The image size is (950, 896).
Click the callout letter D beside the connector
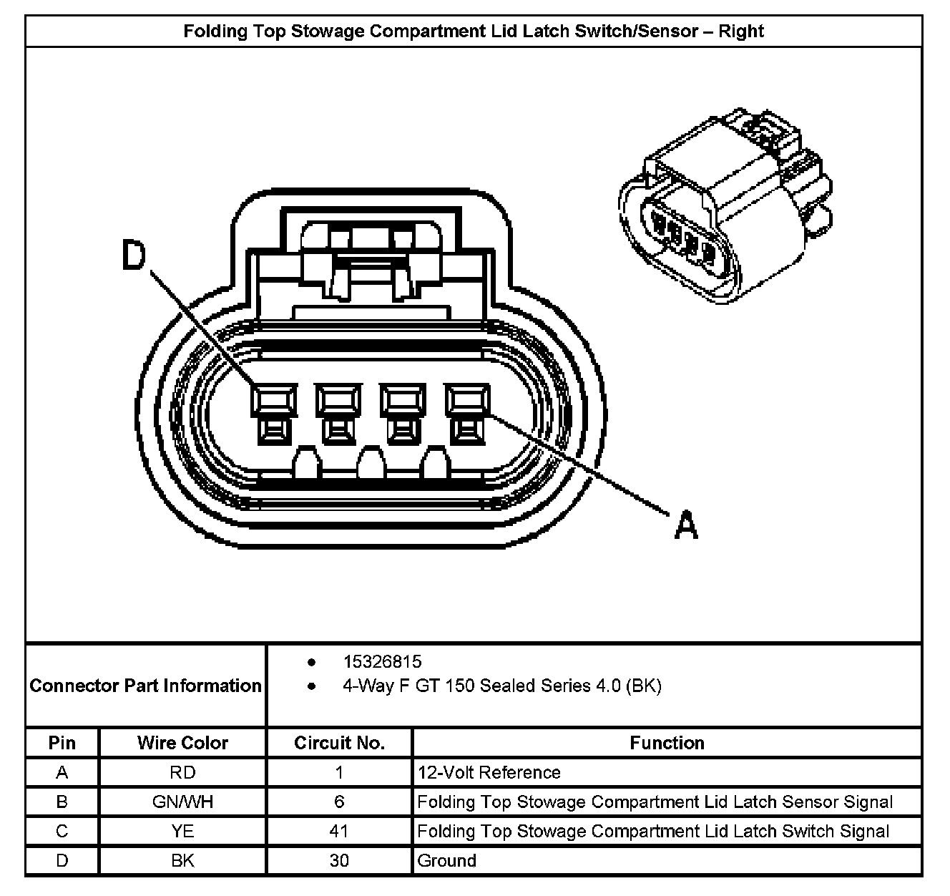tap(134, 256)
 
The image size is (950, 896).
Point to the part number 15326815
tap(382, 661)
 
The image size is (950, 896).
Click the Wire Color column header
tap(182, 743)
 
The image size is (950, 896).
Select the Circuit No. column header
tap(339, 743)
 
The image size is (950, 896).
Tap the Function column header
tap(667, 743)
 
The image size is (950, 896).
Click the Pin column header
tap(62, 743)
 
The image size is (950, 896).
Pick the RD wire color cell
tap(182, 772)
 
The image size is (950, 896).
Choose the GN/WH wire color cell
tap(182, 802)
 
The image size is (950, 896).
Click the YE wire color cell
tap(182, 831)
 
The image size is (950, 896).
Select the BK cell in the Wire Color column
tap(182, 860)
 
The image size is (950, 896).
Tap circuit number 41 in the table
tap(339, 831)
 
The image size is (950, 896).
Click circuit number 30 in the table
tap(339, 860)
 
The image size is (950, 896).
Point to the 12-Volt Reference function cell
tap(489, 772)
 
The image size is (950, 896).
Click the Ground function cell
tap(446, 860)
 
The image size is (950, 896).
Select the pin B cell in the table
tap(62, 802)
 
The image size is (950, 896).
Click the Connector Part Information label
tap(146, 686)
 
